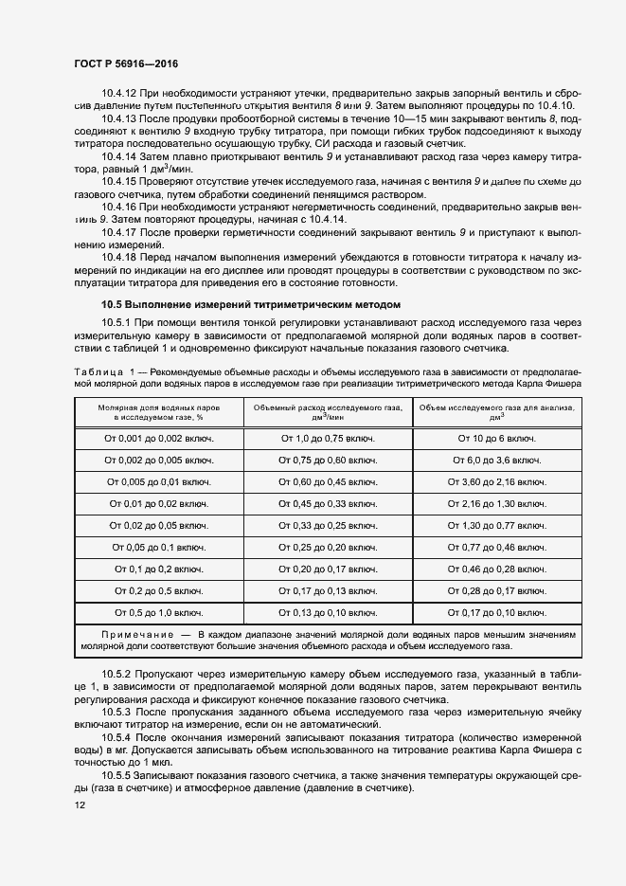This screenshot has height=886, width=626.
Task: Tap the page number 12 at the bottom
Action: tap(79, 805)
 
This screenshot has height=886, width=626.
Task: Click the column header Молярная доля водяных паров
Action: tap(159, 410)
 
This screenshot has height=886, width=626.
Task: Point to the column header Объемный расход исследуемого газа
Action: tap(328, 410)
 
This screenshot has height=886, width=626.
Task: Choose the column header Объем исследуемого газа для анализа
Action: tap(497, 410)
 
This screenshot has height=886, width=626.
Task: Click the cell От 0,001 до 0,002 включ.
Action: tap(159, 438)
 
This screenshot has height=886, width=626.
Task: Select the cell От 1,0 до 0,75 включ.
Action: tap(328, 438)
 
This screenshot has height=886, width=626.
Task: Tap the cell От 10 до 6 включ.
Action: tap(497, 438)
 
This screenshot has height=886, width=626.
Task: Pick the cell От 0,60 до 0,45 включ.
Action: tap(328, 481)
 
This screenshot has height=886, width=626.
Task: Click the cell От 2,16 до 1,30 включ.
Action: tap(497, 503)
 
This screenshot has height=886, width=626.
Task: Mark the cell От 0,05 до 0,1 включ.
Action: tap(159, 547)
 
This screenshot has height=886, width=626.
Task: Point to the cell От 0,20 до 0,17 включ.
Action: tap(328, 569)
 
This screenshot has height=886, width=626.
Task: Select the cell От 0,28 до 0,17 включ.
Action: tap(497, 590)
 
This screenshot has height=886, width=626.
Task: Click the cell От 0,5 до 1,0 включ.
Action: tap(159, 612)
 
